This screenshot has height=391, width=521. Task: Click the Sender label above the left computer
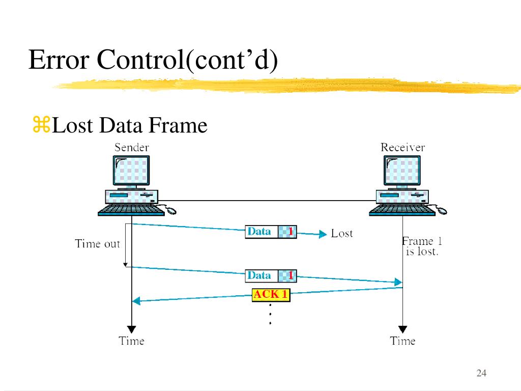click(x=131, y=148)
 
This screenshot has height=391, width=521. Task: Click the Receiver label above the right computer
click(x=402, y=148)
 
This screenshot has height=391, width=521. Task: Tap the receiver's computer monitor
click(x=402, y=171)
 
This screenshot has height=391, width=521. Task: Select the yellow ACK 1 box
click(x=271, y=295)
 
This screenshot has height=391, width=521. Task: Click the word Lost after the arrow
click(x=341, y=234)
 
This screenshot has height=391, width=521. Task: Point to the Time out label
click(x=97, y=244)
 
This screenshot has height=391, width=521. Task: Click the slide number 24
click(x=481, y=374)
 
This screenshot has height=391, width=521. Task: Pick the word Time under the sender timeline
click(x=131, y=341)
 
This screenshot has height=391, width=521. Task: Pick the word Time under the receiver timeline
click(x=402, y=341)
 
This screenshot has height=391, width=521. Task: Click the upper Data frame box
click(x=271, y=232)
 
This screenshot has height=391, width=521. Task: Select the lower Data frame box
click(x=271, y=276)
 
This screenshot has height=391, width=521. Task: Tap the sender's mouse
click(x=170, y=209)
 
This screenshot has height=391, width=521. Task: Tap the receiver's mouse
click(x=441, y=209)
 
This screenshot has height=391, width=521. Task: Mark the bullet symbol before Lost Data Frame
click(x=41, y=125)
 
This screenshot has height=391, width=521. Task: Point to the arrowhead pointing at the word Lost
click(x=322, y=234)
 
